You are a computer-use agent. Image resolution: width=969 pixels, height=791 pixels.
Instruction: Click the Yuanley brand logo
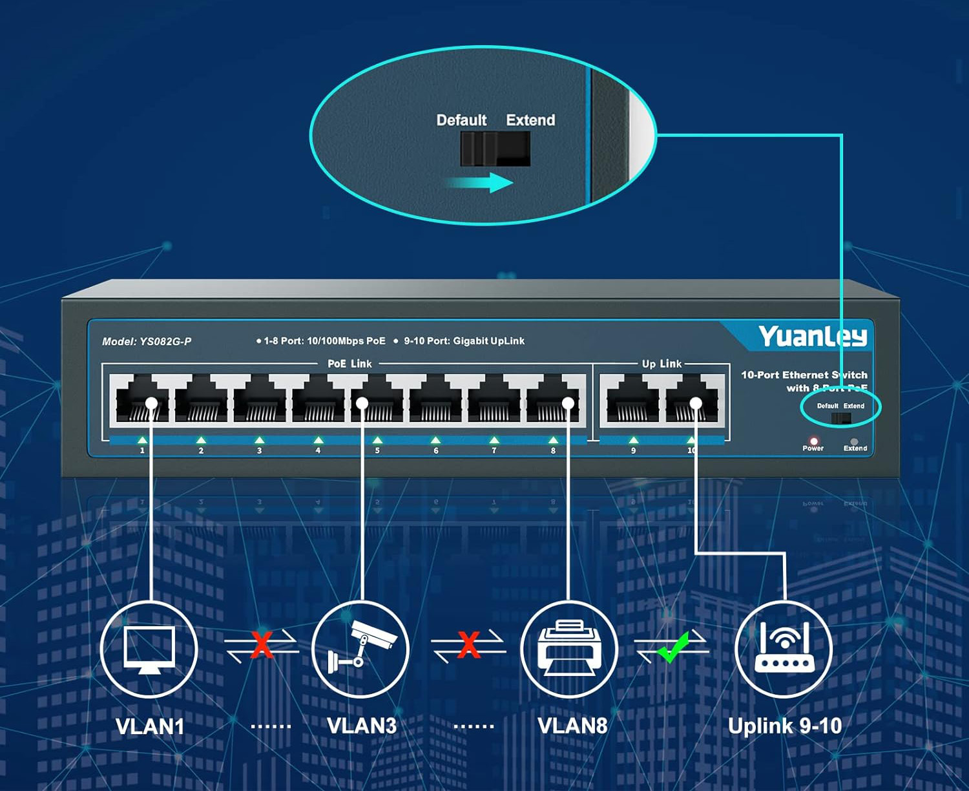coord(812,336)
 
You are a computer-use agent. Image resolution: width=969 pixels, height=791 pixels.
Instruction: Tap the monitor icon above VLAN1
coord(149,648)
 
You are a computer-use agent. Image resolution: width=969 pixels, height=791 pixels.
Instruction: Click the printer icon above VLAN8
coord(570,648)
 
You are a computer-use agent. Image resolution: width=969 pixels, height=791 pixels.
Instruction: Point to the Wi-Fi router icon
coord(784,648)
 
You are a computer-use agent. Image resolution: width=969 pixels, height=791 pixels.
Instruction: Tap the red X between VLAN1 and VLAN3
coord(262,645)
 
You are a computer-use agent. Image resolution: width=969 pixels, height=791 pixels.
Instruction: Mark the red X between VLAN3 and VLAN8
coord(468,645)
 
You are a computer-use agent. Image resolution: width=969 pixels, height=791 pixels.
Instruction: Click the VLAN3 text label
coord(362,726)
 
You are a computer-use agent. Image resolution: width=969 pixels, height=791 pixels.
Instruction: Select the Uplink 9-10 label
coord(784,726)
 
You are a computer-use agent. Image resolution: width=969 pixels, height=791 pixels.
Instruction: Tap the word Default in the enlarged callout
coord(461,120)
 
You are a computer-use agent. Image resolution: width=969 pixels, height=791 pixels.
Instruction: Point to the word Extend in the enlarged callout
coord(530,120)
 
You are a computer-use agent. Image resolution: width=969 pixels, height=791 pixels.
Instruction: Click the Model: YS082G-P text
coord(147,341)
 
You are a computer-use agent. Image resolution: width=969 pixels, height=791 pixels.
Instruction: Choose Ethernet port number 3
coord(260,401)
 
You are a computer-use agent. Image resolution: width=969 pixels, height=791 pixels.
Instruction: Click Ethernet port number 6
coord(435,401)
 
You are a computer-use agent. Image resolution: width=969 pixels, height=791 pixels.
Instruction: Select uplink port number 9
coord(632,401)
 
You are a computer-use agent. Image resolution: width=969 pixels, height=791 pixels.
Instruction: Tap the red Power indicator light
coord(813,441)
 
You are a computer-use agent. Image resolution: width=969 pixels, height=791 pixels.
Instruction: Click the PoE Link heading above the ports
coord(349,364)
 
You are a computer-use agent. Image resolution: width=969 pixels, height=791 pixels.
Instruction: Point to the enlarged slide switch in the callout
coord(495,149)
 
